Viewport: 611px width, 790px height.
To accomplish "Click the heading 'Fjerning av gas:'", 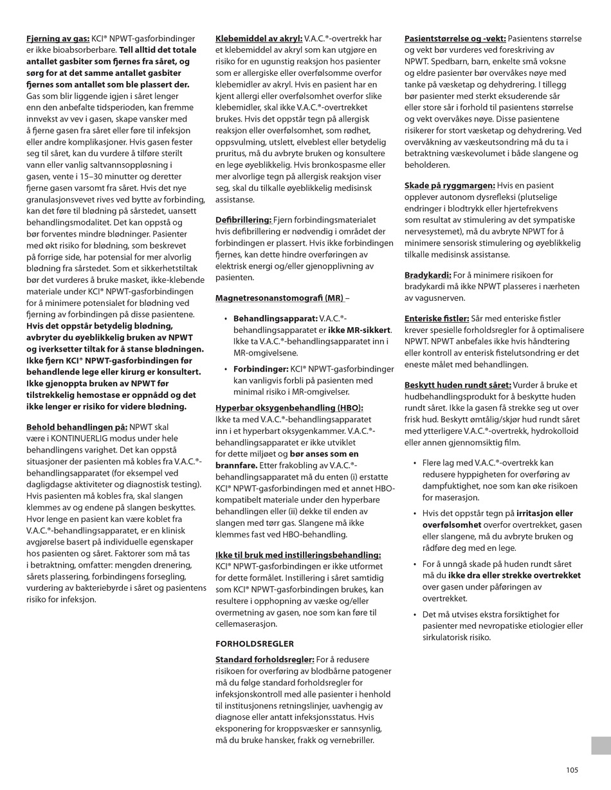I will pyautogui.click(x=57, y=39).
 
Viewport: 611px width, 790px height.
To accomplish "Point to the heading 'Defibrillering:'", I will pyautogui.click(x=244, y=220).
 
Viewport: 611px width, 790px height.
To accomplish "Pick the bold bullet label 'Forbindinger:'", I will pyautogui.click(x=260, y=369).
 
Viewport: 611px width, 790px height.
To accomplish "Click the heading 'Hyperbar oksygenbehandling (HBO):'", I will pyautogui.click(x=289, y=408).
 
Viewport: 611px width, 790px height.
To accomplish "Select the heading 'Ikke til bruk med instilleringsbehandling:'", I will pyautogui.click(x=298, y=555).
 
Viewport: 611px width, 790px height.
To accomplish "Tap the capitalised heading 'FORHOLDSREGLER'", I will pyautogui.click(x=254, y=643).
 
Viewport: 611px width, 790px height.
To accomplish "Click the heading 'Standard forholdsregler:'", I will pyautogui.click(x=264, y=660).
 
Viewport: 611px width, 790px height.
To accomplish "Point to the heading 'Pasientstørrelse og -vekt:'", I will pyautogui.click(x=455, y=39).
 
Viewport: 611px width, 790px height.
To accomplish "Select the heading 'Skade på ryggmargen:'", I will pyautogui.click(x=450, y=185).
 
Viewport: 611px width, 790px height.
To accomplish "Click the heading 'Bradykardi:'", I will pyautogui.click(x=428, y=274).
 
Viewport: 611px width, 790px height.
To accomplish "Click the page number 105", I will pyautogui.click(x=572, y=770).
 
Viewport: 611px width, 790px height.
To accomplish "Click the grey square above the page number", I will pyautogui.click(x=601, y=746).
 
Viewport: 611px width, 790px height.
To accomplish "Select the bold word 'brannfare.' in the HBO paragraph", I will pyautogui.click(x=236, y=466).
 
